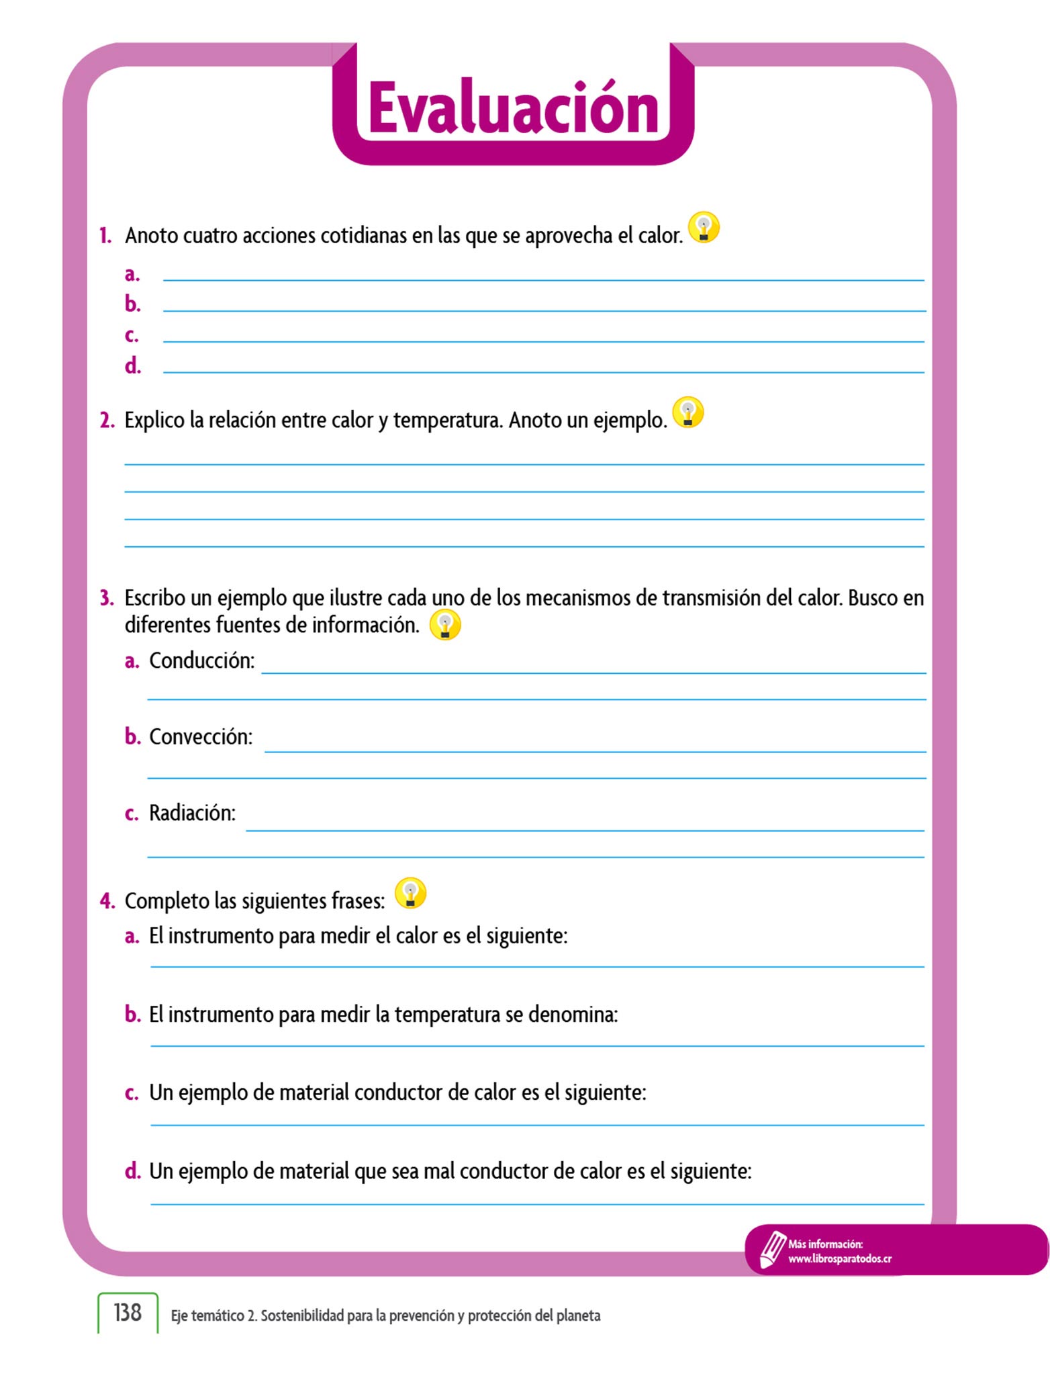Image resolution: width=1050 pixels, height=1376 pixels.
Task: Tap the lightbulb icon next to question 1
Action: (x=704, y=228)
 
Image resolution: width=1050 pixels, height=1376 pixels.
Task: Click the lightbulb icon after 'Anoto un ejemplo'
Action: (x=687, y=413)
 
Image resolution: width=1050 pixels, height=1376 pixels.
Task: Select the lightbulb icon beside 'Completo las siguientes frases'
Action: (x=410, y=894)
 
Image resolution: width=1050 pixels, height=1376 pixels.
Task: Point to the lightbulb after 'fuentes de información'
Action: (x=444, y=625)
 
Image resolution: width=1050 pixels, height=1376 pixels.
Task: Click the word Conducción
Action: (x=201, y=661)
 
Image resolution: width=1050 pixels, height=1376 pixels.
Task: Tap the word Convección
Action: (x=201, y=737)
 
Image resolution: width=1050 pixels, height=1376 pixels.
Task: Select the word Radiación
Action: (x=192, y=814)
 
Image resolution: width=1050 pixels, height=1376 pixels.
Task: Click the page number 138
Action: (x=128, y=1312)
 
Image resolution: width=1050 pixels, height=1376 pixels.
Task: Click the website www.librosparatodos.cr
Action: (x=839, y=1259)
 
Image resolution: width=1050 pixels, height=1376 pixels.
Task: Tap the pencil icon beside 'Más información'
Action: (x=771, y=1250)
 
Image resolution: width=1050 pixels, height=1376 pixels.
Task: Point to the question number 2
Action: (x=107, y=421)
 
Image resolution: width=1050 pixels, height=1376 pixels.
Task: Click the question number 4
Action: (x=107, y=901)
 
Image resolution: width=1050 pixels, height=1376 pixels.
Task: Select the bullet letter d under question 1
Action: (x=132, y=366)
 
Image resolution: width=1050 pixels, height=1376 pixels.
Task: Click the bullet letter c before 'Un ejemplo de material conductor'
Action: (x=132, y=1093)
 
